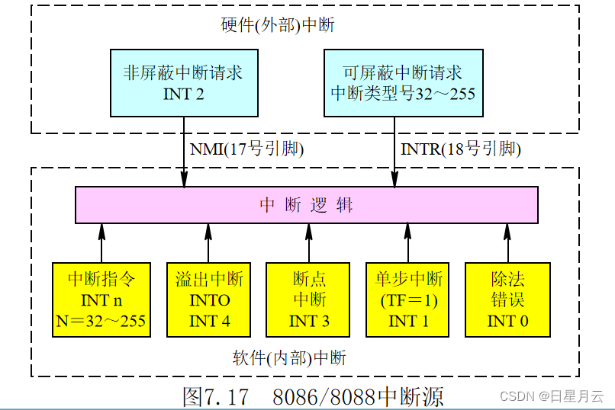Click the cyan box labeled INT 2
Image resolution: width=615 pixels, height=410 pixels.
coord(183,83)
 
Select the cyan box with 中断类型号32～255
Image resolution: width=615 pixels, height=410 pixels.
coord(403,83)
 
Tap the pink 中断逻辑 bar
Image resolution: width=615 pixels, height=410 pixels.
coord(306,204)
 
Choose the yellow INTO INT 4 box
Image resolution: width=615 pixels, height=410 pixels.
coord(209,299)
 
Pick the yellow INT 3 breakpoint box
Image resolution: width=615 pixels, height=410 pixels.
coord(309,299)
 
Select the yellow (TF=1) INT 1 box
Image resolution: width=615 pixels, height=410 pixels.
coord(408,299)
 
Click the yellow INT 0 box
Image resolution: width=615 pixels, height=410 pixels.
coord(508,299)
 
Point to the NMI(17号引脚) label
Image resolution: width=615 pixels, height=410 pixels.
coord(246,149)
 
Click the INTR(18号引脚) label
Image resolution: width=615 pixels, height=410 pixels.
coord(461,149)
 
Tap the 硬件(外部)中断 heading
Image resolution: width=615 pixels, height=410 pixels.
coord(278,25)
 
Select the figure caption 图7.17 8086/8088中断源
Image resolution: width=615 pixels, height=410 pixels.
coord(313,396)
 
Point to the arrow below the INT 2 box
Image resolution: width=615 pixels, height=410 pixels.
coord(184,152)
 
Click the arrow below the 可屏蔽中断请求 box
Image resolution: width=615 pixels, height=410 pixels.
coord(394,152)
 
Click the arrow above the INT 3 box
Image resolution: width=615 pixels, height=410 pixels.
coord(309,242)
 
